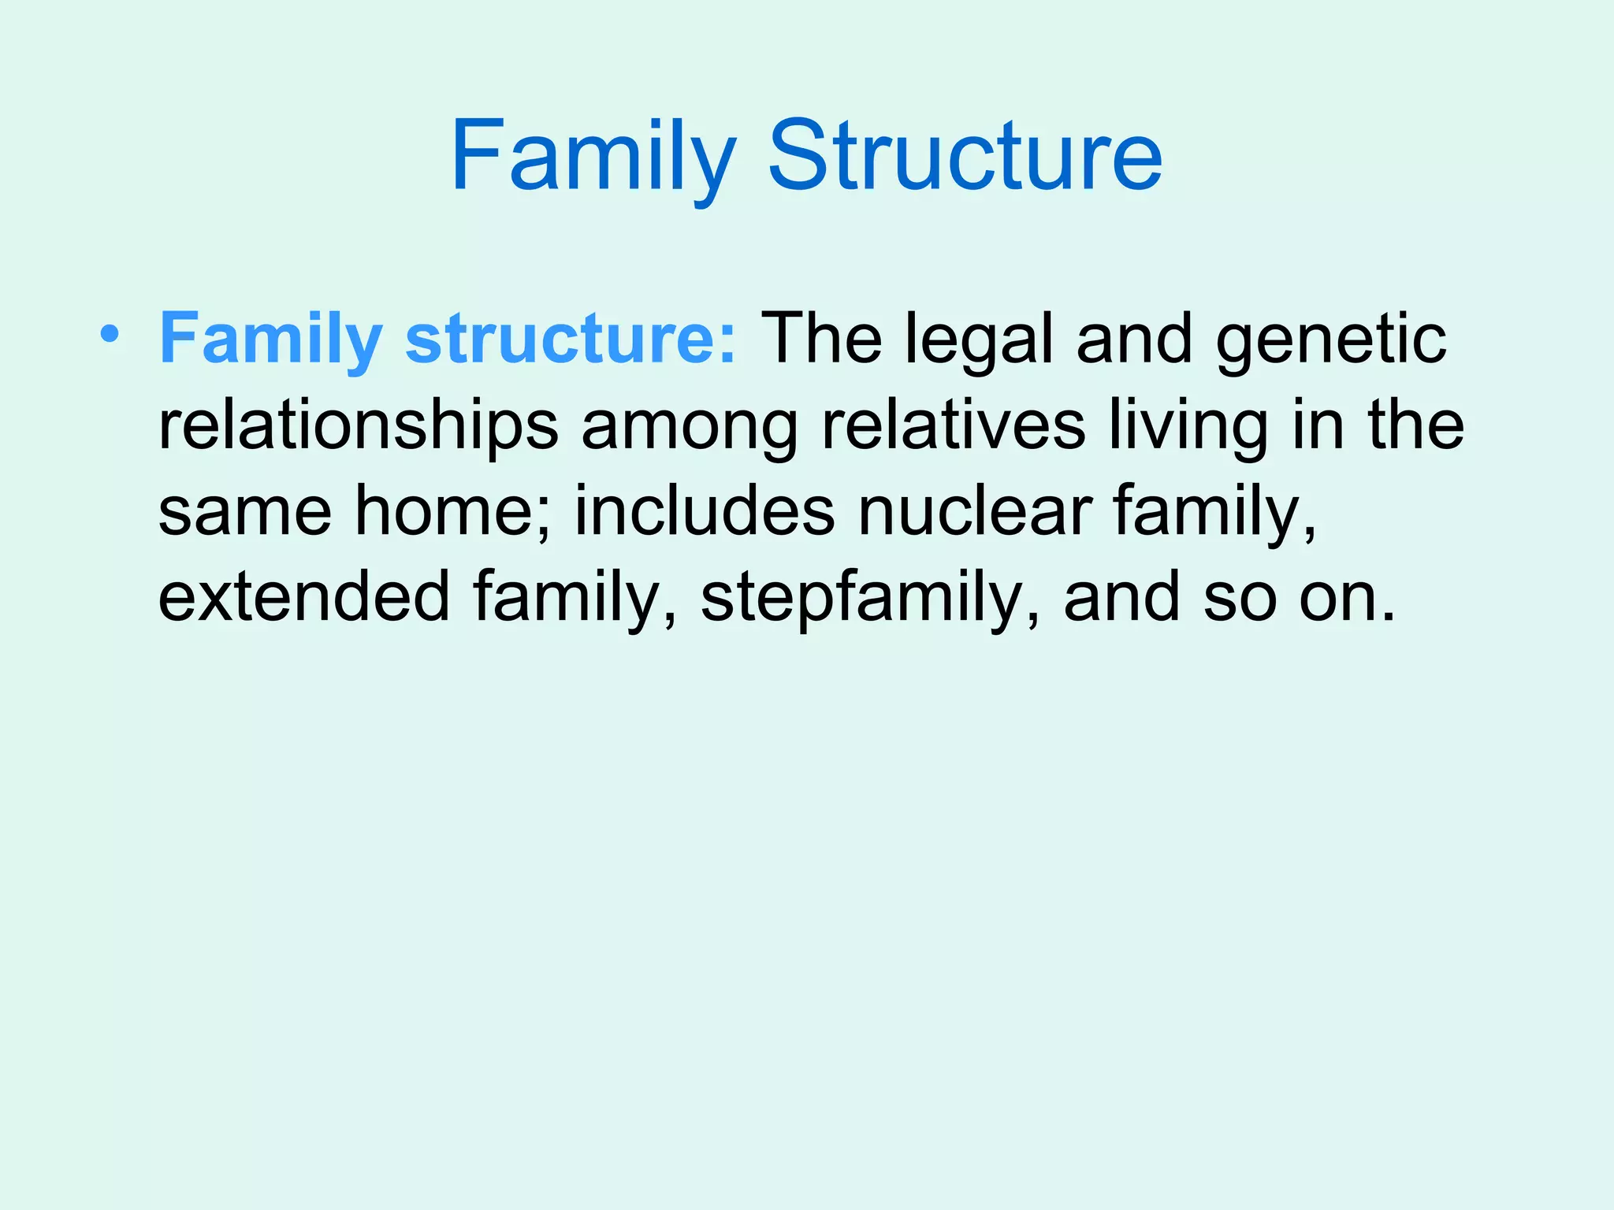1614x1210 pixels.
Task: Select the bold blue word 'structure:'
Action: [571, 339]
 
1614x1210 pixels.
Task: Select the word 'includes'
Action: [704, 511]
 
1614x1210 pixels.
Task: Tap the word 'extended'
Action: [304, 597]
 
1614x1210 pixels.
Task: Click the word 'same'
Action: [245, 513]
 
